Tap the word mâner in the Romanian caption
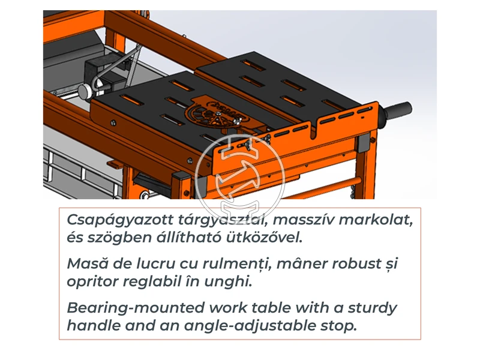[292, 264]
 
